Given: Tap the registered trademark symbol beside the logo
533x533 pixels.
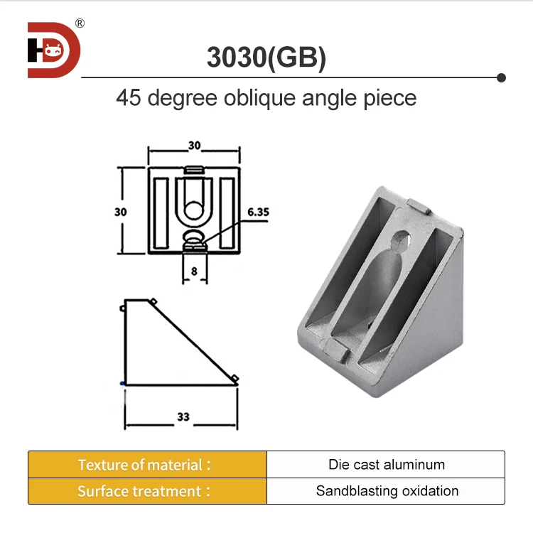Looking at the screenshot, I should (x=80, y=23).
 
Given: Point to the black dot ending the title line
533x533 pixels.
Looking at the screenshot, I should (x=501, y=77).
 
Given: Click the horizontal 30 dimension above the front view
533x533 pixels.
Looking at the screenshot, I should (x=194, y=145).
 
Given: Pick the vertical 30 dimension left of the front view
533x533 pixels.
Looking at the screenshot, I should (x=121, y=211).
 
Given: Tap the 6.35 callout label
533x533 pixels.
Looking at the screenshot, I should (x=259, y=212).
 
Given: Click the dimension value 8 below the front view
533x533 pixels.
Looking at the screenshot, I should (x=193, y=271).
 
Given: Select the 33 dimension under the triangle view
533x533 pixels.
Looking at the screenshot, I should (x=183, y=417).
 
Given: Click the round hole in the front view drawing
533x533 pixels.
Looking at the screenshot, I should (x=193, y=210).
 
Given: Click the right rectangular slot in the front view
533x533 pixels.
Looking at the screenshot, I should (x=227, y=212).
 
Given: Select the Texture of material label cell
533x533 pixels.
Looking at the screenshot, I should (x=147, y=465).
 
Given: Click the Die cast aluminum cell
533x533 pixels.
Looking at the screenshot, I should (x=386, y=465).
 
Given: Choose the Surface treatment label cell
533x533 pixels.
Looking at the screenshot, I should (x=147, y=491).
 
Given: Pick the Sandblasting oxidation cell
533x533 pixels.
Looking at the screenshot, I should (x=386, y=491).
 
